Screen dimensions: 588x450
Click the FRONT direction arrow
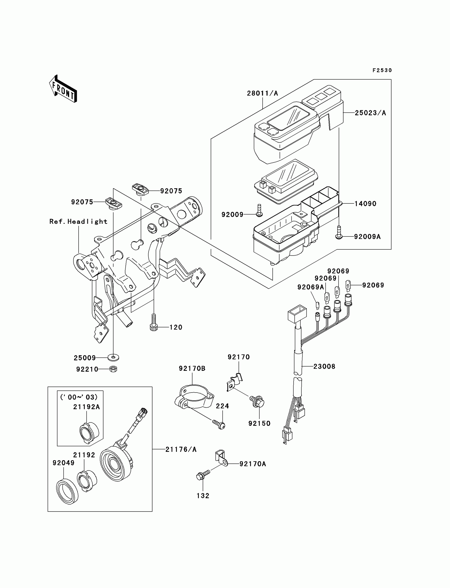[x=63, y=89]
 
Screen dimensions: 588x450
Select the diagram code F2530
[x=382, y=70]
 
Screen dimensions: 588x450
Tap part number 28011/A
[x=262, y=93]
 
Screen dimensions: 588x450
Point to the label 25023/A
[x=370, y=113]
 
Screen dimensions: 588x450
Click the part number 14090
[x=365, y=204]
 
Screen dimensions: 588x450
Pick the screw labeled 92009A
[x=339, y=236]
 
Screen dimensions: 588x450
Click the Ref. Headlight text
[x=78, y=222]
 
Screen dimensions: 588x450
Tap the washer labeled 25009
[x=114, y=357]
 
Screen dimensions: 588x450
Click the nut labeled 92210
[x=114, y=369]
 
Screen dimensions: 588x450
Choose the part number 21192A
[x=87, y=407]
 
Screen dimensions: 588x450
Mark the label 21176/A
[x=181, y=450]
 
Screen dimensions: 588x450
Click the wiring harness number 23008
[x=324, y=366]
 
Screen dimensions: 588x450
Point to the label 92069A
[x=310, y=287]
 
